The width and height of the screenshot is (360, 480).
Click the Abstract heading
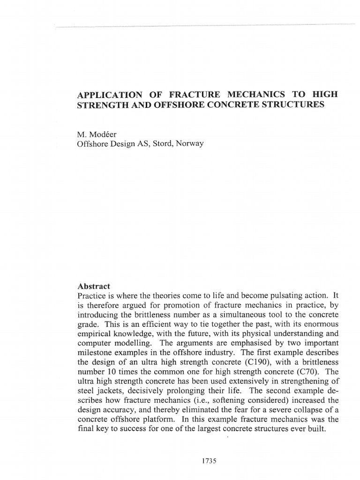coord(93,286)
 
